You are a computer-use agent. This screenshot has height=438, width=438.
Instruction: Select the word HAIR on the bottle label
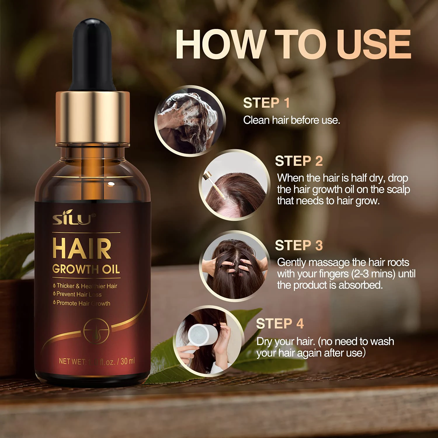point(82,249)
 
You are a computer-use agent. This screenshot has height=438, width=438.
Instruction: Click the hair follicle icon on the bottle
point(96,331)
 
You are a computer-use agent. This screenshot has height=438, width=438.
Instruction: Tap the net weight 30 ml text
point(97,361)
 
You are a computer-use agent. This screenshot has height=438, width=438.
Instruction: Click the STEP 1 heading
point(266,103)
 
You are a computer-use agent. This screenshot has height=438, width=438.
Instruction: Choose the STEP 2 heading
point(299,161)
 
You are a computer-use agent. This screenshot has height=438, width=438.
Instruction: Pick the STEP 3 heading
point(299,246)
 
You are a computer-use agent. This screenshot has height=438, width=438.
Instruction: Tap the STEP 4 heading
point(280,324)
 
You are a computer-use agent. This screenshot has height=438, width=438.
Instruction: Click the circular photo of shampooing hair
point(190,121)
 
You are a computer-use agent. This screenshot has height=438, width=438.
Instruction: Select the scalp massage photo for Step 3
point(235,266)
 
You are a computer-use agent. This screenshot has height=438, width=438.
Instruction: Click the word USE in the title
point(374,44)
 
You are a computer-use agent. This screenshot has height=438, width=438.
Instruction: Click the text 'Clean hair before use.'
point(291,120)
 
